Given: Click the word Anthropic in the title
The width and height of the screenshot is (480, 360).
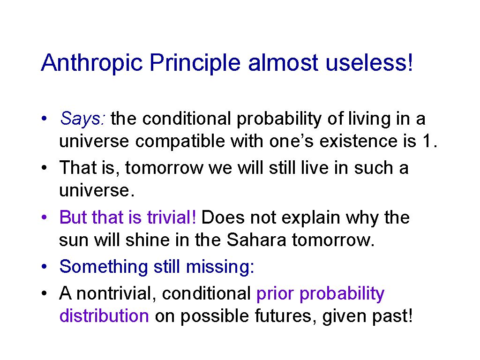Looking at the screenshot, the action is point(92,63).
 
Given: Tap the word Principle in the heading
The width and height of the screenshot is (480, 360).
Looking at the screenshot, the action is point(195,63).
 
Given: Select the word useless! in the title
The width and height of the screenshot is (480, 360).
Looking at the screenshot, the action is point(369,63).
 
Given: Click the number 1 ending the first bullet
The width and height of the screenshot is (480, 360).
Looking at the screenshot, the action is point(427,141).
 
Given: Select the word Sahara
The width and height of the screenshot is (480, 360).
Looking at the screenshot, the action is point(256,240).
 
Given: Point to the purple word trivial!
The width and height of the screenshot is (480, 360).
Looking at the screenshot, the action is point(172,217).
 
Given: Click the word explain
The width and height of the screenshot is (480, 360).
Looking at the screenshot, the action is point(311,218).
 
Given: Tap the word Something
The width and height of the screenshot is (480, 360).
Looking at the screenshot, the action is point(104,267).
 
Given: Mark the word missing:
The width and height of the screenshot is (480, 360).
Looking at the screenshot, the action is point(220,267).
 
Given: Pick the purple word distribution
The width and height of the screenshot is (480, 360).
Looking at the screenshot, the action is point(104,315).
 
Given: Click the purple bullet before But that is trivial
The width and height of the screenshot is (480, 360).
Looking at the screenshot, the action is point(45,217).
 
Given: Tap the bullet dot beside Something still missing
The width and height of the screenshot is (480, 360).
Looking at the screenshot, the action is point(45,266).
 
